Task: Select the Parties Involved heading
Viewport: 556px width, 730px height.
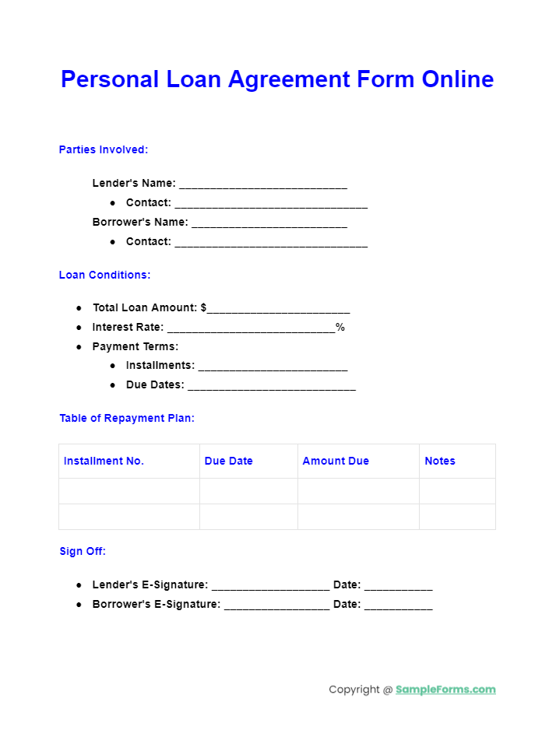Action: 104,149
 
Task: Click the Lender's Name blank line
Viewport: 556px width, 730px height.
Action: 263,185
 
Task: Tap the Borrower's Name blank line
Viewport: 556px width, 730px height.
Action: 269,224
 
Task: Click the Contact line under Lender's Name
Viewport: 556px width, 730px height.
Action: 271,205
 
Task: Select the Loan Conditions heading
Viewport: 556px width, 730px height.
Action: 104,275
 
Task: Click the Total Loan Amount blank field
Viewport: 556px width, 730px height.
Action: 279,310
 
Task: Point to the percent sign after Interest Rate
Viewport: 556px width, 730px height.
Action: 340,328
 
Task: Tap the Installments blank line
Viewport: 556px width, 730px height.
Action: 273,367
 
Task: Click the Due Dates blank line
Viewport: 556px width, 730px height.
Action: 272,387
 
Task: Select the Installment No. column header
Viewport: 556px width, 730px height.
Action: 104,461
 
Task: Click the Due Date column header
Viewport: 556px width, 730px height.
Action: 229,461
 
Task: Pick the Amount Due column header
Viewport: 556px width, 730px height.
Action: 336,461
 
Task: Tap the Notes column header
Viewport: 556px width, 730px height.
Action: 440,461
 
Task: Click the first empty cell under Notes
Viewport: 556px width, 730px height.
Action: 457,491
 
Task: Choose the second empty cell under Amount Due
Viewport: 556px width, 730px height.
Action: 358,517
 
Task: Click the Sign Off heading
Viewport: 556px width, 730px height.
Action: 83,551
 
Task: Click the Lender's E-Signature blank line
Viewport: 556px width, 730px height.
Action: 270,587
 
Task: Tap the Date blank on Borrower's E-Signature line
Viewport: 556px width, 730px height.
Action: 398,606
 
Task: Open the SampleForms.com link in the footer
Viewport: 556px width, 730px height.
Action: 445,690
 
